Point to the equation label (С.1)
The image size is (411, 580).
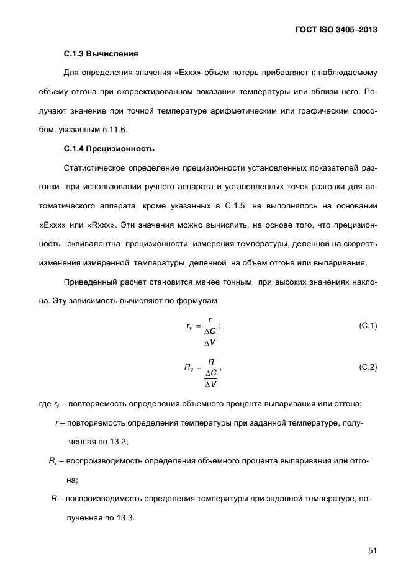coord(368,326)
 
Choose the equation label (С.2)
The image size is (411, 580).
coord(368,367)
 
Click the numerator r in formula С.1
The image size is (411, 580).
coord(210,321)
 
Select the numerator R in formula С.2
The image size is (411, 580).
coord(211,361)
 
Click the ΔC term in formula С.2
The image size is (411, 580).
coord(210,372)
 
